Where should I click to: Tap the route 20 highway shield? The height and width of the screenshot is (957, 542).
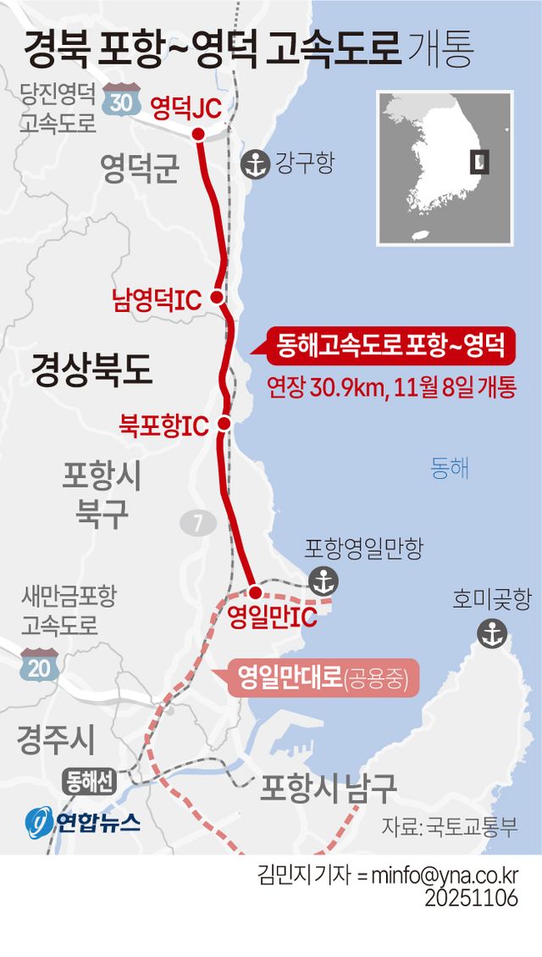coord(39,665)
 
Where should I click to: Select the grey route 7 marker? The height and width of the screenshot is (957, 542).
coord(198,522)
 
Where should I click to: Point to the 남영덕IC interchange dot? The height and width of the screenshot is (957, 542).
coord(217,297)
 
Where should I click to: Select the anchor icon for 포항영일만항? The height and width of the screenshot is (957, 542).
coord(323,581)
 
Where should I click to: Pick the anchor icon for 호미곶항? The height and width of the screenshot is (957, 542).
coord(491,632)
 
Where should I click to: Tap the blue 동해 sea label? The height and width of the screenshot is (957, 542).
coord(450,467)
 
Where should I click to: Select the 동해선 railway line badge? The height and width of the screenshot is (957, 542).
coord(88,782)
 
